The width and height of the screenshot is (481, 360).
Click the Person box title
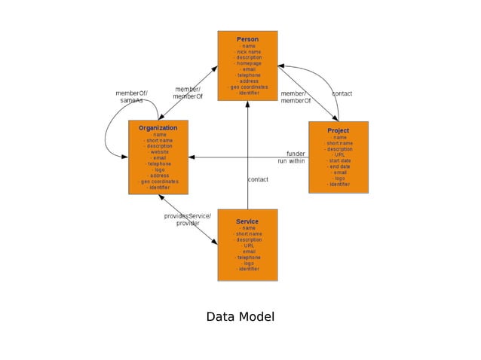247,39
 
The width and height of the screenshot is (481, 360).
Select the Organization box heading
158,128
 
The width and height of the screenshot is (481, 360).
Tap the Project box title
338,130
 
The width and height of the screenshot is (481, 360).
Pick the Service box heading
247,221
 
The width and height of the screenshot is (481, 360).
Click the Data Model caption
240,317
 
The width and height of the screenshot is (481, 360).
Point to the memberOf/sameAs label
131,97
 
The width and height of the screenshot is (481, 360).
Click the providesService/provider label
188,219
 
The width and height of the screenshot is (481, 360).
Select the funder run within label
291,157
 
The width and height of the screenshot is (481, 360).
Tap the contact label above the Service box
258,179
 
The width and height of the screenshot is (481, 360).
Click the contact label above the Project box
342,93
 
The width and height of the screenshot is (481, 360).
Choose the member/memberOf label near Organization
188,93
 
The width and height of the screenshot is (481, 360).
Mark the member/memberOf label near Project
296,97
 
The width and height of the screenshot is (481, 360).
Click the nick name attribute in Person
247,52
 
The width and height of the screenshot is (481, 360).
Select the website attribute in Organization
158,152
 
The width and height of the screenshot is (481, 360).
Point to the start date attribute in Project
338,160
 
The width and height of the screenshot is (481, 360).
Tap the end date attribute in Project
338,166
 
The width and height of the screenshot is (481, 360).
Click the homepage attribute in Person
247,64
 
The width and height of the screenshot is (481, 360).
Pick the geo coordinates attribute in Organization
158,182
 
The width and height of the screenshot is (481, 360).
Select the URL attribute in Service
247,246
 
